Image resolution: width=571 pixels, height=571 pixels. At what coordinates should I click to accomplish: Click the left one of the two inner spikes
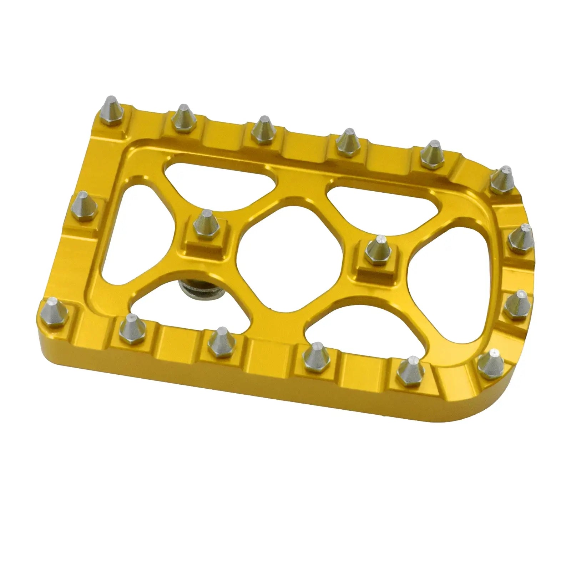(x=205, y=224)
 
